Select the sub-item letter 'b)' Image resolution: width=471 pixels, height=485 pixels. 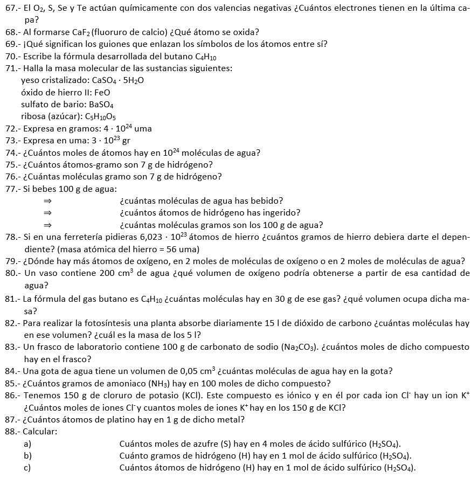[27, 456]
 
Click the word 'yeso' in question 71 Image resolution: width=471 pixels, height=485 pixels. [29, 81]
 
